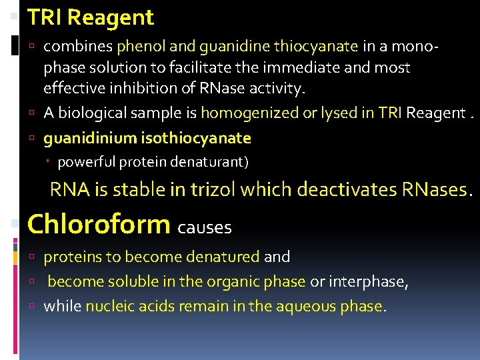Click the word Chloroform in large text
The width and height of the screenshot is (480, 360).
pyautogui.click(x=99, y=224)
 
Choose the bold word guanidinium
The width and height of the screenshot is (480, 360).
pyautogui.click(x=91, y=138)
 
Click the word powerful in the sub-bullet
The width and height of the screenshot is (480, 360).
pyautogui.click(x=83, y=162)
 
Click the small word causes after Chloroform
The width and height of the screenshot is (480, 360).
pyautogui.click(x=205, y=227)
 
